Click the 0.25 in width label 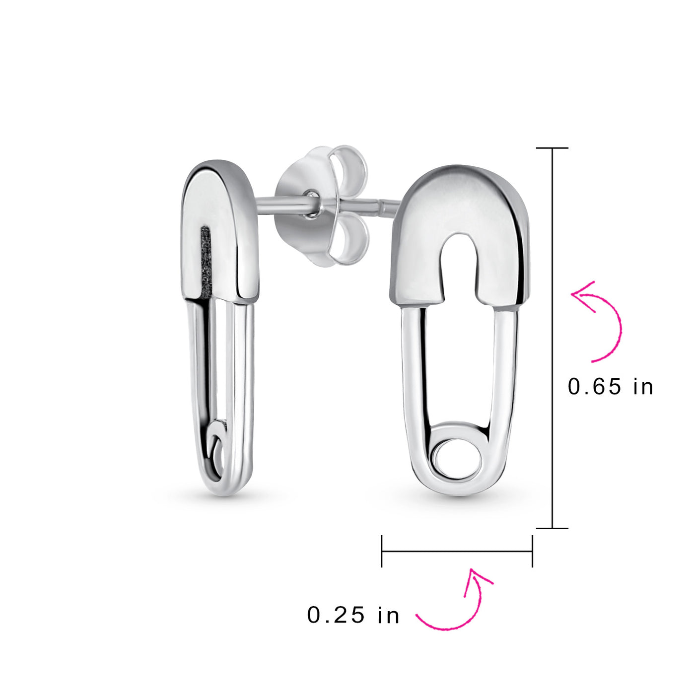(353, 615)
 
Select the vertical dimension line (552, 338)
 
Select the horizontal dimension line (457, 551)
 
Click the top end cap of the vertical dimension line (552, 148)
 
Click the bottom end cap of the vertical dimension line (552, 528)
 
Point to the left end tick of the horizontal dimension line (382, 551)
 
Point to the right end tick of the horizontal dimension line (532, 551)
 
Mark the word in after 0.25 (389, 615)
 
